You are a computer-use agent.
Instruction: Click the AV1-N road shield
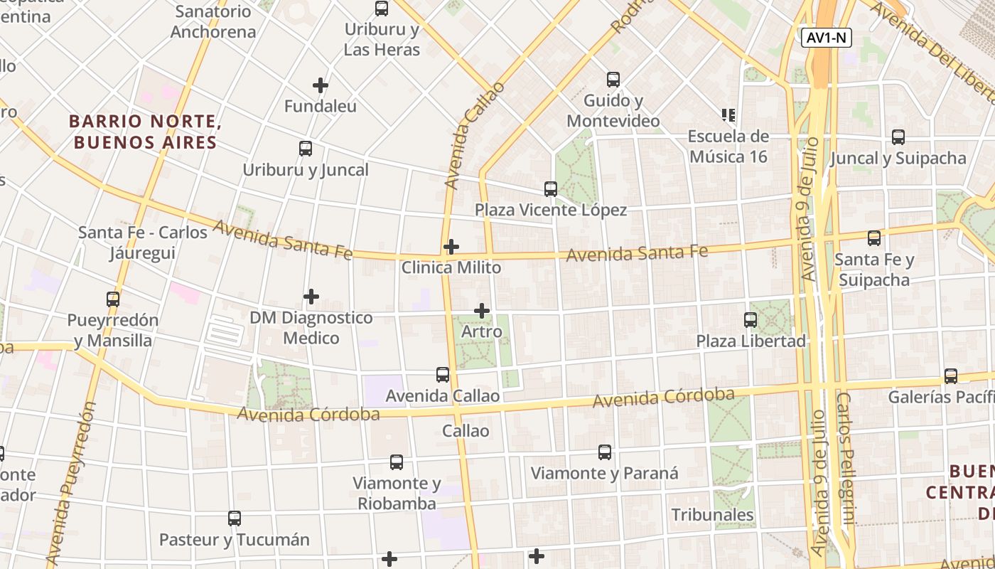(x=827, y=38)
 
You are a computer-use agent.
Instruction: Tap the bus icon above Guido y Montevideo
(x=613, y=80)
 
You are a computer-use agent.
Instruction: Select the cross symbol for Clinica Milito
(x=451, y=247)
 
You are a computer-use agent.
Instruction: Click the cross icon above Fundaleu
(x=321, y=85)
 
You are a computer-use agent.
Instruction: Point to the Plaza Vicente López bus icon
(x=551, y=188)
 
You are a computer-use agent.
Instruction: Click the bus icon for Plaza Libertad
(x=751, y=320)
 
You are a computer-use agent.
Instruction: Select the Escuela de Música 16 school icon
(x=728, y=115)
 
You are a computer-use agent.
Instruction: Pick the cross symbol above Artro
(x=482, y=311)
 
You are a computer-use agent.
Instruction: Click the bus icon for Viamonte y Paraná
(x=605, y=452)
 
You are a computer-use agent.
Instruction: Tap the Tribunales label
(x=712, y=514)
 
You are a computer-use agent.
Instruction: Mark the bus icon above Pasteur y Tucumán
(x=235, y=519)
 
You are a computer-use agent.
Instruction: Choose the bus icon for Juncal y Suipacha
(x=898, y=137)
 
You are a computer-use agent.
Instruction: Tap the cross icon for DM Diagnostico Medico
(x=311, y=297)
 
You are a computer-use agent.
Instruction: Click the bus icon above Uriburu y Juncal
(x=306, y=149)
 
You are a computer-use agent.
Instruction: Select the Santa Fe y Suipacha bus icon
(x=874, y=238)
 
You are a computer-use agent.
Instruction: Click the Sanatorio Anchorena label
(x=213, y=21)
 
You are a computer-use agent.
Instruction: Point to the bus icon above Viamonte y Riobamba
(x=397, y=462)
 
